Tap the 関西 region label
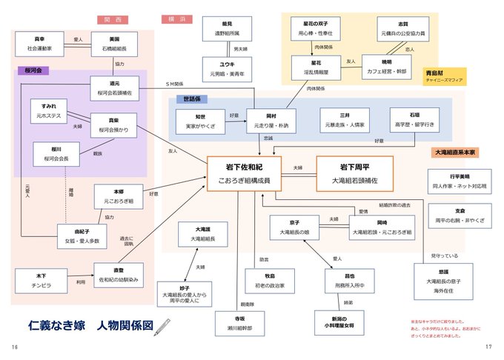[x=113, y=19]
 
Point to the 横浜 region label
[x=176, y=19]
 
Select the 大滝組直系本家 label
[x=456, y=152]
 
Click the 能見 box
[x=227, y=30]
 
